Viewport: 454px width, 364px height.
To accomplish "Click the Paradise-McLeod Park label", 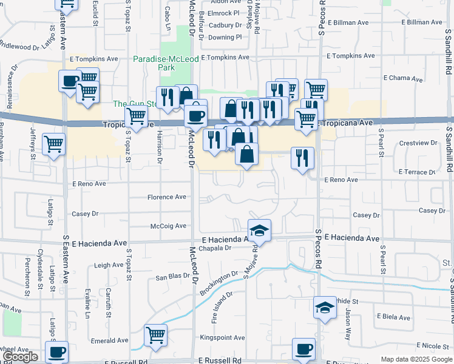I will [x=162, y=63].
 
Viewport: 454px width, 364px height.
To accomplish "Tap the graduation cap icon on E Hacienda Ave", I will [x=259, y=230].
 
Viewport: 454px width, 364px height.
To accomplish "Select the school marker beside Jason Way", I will [x=325, y=307].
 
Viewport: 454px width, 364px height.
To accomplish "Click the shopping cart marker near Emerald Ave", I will [x=156, y=335].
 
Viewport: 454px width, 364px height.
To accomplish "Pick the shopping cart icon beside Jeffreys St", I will [x=54, y=144].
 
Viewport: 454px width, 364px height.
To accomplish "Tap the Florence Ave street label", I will [x=167, y=197].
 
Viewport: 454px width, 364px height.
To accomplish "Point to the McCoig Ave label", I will [x=168, y=226].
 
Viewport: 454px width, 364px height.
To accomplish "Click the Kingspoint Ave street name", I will [x=222, y=337].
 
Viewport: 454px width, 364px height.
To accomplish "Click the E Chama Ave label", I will [x=407, y=78].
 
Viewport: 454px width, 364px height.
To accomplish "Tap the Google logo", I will [x=21, y=357].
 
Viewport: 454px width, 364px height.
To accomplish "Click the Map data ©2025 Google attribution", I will [x=416, y=359].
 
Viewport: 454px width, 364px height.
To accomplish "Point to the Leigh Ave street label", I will [x=109, y=265].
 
